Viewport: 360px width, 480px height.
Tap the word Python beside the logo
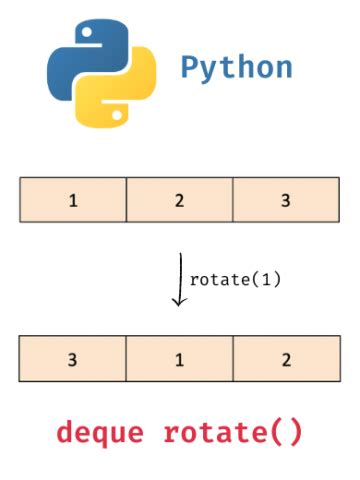[x=237, y=68]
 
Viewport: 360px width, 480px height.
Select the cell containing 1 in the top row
[x=73, y=199]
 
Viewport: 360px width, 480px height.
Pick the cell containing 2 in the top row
[x=180, y=199]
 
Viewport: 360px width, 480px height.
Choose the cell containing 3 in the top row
[x=286, y=199]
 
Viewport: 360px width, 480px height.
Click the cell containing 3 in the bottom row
[x=73, y=358]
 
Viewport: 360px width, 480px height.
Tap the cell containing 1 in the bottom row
[x=180, y=358]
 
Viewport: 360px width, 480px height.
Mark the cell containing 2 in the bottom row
[x=286, y=358]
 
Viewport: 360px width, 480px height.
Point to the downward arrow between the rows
[x=178, y=279]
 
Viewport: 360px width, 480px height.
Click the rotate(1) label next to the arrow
[x=235, y=280]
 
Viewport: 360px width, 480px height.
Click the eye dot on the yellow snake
[x=113, y=113]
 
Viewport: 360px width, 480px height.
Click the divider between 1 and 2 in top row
[x=126, y=199]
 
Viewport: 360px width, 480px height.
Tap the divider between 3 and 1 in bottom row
[x=126, y=358]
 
